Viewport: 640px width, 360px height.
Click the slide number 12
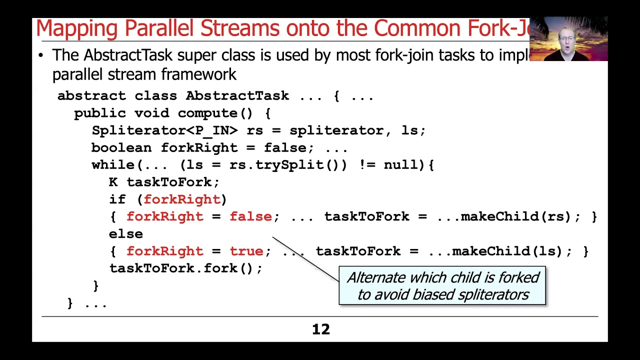click(321, 329)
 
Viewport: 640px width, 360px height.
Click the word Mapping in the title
click(77, 29)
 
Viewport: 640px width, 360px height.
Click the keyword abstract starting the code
click(91, 95)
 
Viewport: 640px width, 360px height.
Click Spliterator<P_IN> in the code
click(164, 130)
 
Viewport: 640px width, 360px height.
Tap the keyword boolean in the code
click(121, 148)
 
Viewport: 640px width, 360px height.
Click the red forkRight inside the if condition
click(182, 199)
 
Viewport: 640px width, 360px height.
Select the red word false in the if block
click(250, 216)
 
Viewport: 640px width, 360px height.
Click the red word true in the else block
click(246, 251)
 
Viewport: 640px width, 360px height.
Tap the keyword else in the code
click(126, 234)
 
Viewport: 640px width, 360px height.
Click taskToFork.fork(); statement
click(185, 268)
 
